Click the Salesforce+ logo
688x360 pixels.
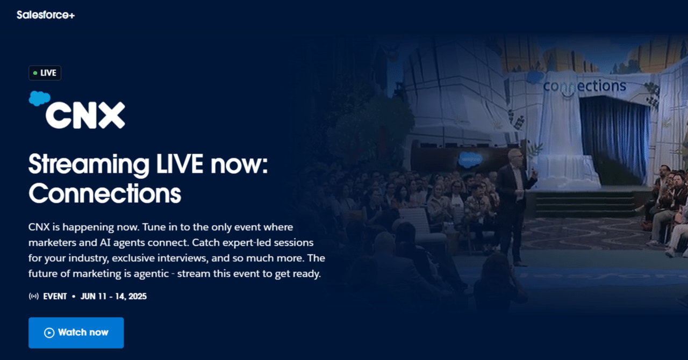46,15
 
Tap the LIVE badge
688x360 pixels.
45,73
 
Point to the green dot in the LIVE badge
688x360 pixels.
35,73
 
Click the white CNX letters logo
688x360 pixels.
85,115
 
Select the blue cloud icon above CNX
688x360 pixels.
39,98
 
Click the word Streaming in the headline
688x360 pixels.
89,164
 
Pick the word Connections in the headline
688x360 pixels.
105,193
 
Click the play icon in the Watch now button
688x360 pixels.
49,333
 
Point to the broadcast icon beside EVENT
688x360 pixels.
33,296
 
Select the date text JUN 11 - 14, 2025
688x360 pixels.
113,296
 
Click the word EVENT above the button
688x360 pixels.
55,296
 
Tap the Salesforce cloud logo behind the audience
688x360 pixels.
468,158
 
